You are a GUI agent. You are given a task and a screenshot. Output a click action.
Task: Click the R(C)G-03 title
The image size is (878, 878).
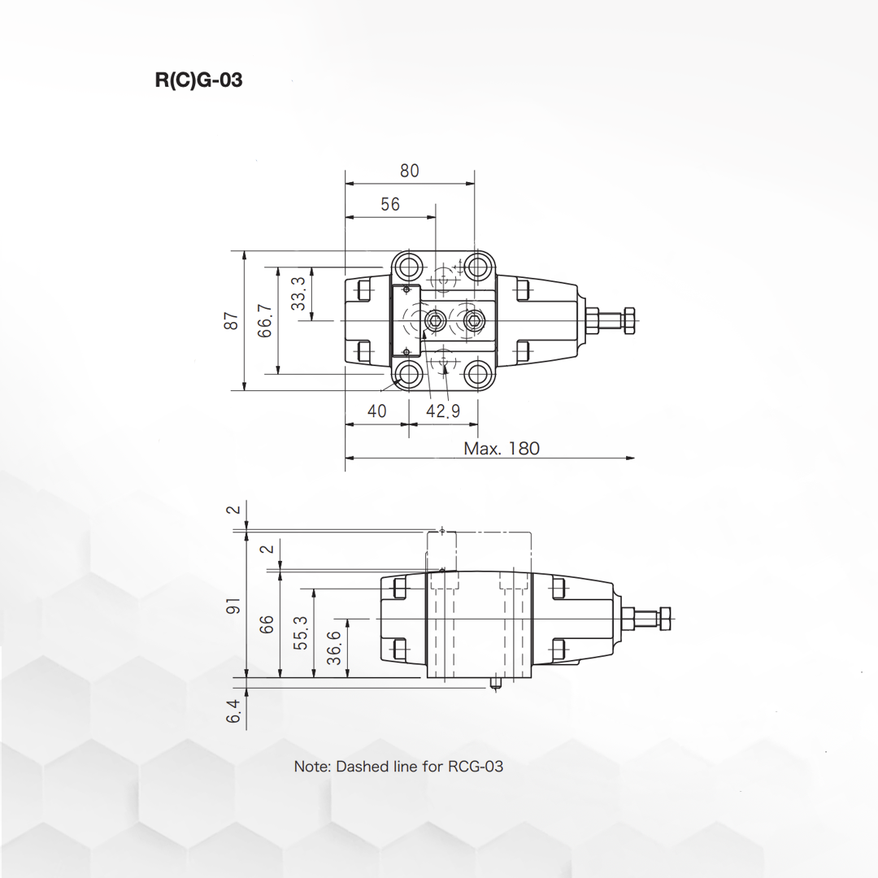pos(198,80)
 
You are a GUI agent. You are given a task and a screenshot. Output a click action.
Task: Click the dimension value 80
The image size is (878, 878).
pos(410,171)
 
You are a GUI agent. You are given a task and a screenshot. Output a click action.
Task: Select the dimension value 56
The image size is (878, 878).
pos(390,204)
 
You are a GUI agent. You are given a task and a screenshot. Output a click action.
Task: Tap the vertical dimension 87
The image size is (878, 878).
pos(233,320)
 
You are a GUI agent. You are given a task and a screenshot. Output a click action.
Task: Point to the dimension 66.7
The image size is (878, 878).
pos(266,320)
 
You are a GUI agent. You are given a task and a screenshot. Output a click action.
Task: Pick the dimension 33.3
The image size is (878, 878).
pos(299,293)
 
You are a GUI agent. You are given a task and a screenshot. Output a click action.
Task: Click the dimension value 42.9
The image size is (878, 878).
pos(443,411)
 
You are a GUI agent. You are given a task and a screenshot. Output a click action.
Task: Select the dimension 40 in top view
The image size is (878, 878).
pos(376,411)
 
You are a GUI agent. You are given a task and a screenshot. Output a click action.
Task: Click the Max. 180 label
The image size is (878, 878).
pos(501,448)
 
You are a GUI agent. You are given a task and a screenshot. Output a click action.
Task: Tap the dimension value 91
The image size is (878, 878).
pos(234,606)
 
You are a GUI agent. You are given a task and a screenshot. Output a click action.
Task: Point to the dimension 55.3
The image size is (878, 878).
pos(301,632)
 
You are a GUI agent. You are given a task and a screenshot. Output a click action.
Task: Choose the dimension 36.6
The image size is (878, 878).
pos(334,648)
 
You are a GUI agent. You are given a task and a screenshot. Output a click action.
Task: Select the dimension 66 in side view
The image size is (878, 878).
pos(267,624)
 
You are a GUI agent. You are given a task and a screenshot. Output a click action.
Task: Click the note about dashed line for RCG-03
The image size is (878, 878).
pos(398,766)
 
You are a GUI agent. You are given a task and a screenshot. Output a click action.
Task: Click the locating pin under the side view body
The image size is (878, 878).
pos(494,685)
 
